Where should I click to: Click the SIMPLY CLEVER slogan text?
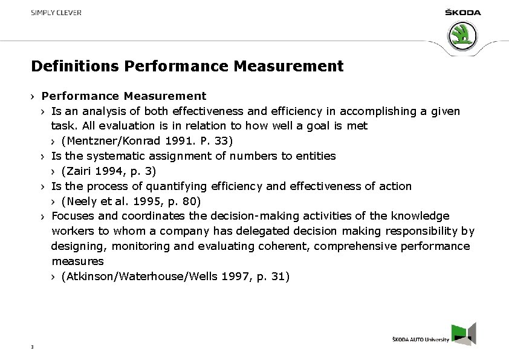[56, 13]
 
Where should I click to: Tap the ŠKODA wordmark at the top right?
[462, 13]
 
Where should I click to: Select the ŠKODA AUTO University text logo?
[420, 340]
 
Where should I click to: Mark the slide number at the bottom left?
[31, 347]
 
